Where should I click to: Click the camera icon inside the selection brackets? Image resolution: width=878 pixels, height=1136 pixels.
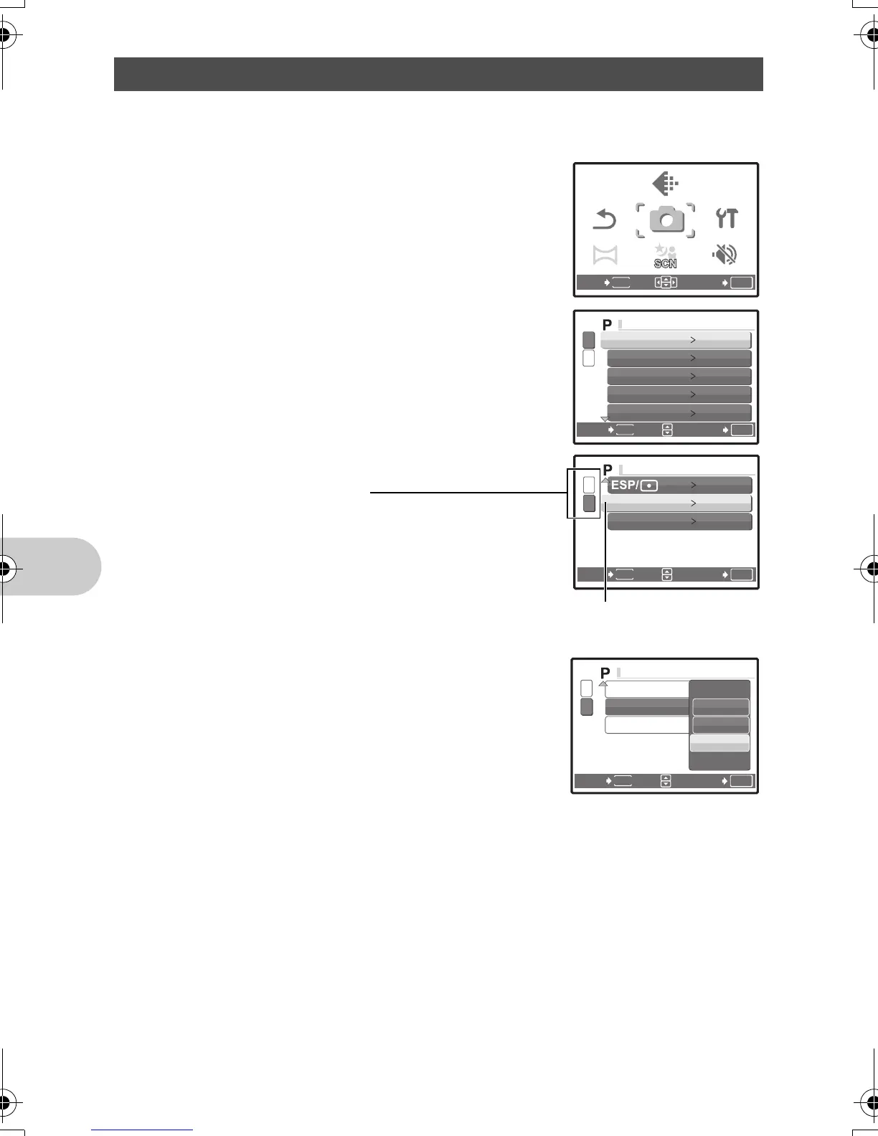coord(666,220)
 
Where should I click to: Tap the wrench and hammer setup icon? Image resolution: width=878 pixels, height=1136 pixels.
coord(727,219)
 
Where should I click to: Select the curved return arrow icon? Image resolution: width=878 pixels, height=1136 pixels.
coord(605,219)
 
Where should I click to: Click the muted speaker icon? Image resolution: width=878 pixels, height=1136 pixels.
coord(725,254)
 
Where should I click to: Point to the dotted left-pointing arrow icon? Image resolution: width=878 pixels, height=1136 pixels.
coord(665,184)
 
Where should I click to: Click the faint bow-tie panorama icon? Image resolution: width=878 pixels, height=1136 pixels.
coord(605,255)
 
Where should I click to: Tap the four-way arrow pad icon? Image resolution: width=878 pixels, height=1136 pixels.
coord(666,282)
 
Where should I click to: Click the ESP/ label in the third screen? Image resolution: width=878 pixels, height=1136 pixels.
coord(624,485)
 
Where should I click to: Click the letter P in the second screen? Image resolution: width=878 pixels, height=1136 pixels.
coord(607,325)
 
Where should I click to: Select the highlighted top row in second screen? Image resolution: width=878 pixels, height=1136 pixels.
coord(676,339)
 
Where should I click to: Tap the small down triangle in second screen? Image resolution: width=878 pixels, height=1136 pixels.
coord(604,419)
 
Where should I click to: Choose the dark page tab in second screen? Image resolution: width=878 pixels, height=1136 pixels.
coord(589,339)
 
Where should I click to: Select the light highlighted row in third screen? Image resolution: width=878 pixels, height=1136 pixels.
coord(679,503)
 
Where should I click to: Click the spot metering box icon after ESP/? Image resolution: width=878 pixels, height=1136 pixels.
coord(649,486)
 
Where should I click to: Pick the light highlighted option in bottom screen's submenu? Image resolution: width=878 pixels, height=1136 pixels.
coord(719,743)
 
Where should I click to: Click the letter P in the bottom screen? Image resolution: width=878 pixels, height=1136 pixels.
coord(605,673)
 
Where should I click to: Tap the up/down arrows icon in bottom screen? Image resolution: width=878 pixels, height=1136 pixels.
coord(666,781)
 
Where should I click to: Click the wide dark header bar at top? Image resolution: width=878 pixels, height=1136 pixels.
coord(438,74)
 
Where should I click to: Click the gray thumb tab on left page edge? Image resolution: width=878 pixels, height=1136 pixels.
coord(50,567)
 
